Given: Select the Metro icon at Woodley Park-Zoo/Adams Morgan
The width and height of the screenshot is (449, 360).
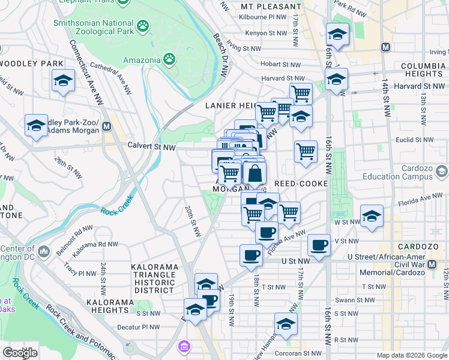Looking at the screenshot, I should (x=107, y=127).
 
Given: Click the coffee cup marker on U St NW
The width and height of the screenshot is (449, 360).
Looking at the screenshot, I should (x=250, y=254).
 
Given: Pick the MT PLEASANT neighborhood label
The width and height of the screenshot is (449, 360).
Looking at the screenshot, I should (x=270, y=7).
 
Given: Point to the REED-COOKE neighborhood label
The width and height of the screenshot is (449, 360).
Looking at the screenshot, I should (x=301, y=184).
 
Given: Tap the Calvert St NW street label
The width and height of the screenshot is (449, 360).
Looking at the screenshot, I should (x=152, y=146).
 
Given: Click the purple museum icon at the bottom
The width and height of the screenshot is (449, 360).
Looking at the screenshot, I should (x=184, y=346).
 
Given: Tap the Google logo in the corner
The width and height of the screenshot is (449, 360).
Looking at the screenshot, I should (x=19, y=353).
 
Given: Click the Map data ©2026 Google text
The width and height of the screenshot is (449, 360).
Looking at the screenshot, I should (x=412, y=355).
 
